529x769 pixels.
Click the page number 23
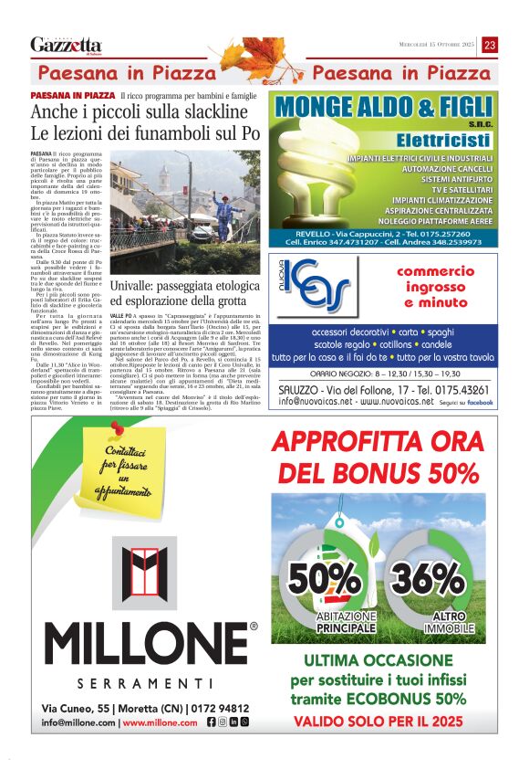[490, 45]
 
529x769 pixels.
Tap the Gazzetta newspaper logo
[66, 45]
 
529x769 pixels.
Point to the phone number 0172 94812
[222, 708]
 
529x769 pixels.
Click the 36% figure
[415, 579]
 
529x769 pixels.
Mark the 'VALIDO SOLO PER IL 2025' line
[379, 719]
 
